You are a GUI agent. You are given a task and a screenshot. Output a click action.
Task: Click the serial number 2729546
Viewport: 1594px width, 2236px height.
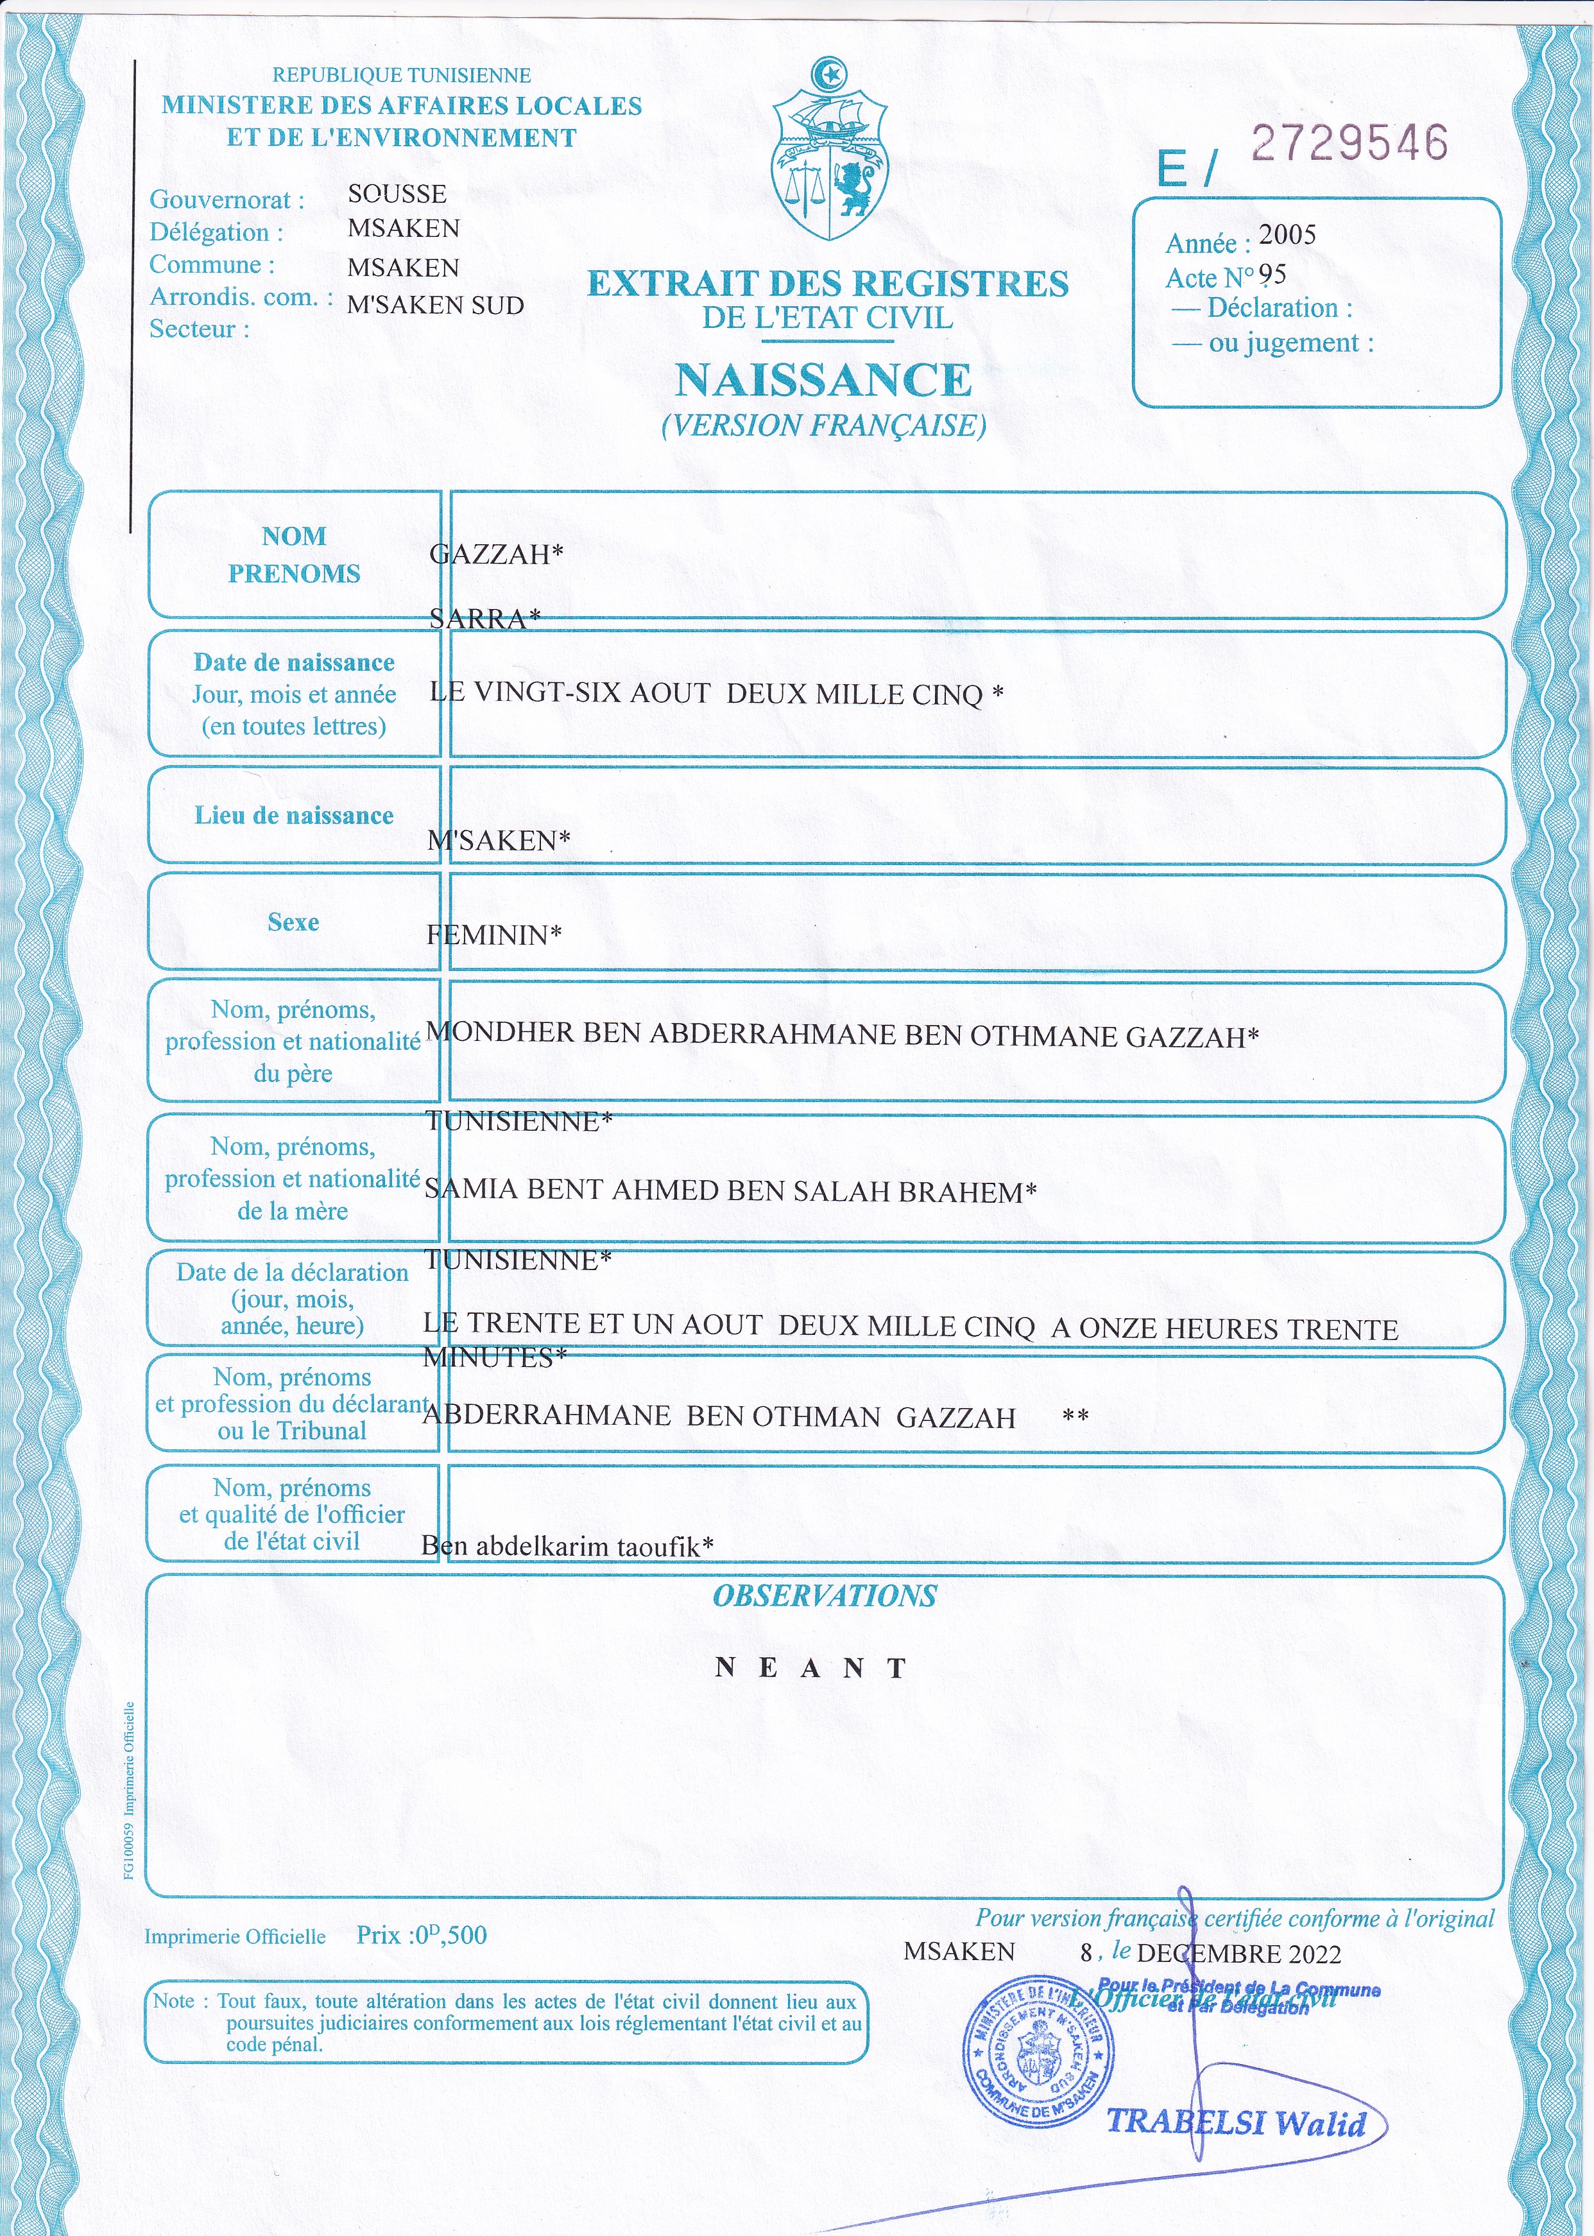1350,143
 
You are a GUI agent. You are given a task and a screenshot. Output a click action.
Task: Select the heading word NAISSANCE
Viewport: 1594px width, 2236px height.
823,381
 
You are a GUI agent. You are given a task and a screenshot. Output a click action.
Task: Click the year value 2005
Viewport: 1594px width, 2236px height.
1287,235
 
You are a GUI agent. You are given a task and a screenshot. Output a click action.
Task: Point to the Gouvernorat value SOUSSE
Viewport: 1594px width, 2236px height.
397,193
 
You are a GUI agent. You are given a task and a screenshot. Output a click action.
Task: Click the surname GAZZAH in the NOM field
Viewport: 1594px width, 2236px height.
495,555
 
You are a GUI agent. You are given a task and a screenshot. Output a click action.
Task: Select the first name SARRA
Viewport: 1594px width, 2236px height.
484,619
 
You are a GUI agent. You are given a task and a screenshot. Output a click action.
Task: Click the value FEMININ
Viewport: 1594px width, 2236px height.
493,934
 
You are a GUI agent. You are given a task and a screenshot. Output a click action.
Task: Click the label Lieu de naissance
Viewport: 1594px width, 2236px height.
293,816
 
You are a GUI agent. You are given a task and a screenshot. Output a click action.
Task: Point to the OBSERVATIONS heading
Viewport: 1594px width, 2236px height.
825,1597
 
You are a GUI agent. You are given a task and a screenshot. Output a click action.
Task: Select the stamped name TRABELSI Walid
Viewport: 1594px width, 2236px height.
1237,2122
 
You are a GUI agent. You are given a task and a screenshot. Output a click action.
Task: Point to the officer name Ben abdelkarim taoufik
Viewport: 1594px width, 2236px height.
567,1547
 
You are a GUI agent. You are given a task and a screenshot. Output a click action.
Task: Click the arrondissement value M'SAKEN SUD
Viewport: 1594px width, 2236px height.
436,305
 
